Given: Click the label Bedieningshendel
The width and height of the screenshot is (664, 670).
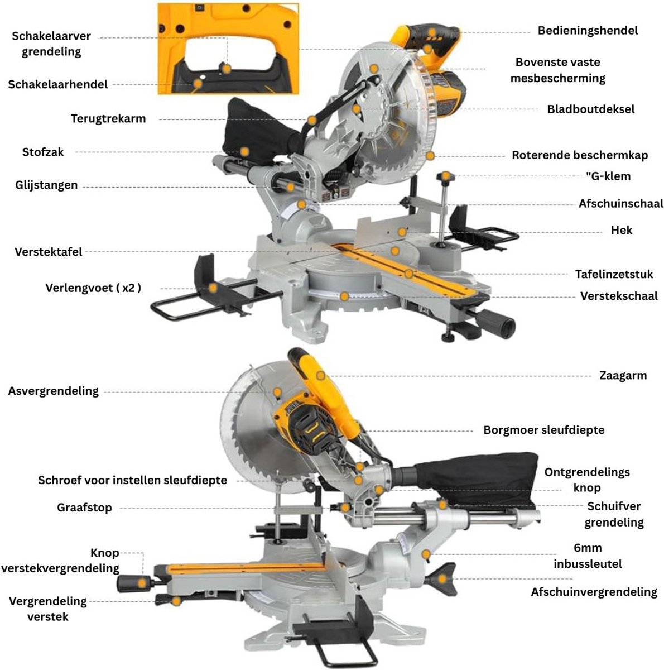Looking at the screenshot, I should [587, 31].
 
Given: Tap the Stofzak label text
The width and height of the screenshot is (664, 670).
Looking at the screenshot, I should [43, 152].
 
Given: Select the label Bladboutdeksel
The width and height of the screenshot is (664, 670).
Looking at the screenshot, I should [590, 109].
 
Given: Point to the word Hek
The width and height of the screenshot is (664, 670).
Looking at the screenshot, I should [621, 230].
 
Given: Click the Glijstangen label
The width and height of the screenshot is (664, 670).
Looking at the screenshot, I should [46, 185].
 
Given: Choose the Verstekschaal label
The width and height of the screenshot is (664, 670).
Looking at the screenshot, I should [619, 296].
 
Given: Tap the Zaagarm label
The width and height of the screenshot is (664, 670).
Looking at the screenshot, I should [623, 376].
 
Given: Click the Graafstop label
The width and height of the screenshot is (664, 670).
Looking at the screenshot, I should [84, 508].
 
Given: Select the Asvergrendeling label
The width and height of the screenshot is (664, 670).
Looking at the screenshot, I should [53, 391].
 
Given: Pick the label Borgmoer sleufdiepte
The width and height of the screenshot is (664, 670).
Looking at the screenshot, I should [543, 430].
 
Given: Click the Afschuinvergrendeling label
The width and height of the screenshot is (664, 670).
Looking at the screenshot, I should [594, 592].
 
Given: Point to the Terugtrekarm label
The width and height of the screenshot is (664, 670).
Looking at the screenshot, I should [108, 119].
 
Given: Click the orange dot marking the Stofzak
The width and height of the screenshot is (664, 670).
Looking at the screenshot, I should [245, 151].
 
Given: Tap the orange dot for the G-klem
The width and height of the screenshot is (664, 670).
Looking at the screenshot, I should [446, 177].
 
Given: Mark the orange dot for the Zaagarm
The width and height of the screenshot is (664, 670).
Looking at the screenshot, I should [320, 376].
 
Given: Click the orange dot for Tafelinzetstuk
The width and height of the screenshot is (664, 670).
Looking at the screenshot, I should [409, 274].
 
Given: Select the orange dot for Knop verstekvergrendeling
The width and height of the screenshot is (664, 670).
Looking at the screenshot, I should [143, 583].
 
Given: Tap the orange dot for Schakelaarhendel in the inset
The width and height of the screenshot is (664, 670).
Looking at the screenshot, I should [198, 84].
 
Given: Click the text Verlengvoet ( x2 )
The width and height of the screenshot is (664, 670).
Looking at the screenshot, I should [93, 288].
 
